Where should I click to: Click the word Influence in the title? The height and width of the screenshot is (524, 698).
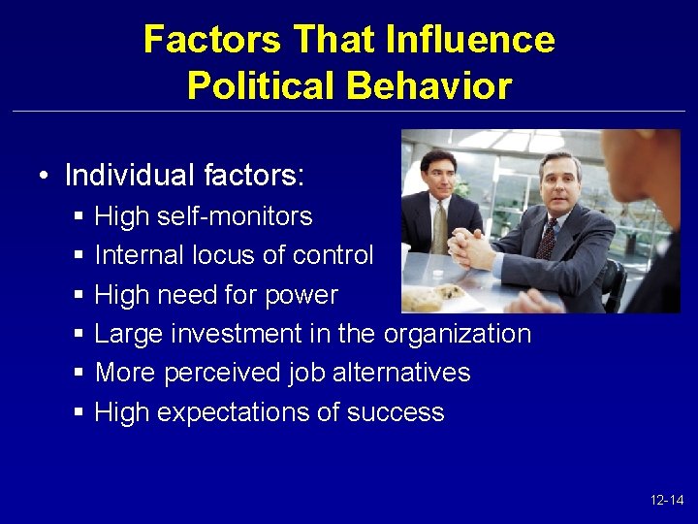470,40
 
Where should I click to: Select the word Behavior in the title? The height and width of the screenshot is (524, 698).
428,86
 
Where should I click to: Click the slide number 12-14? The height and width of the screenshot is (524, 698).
667,501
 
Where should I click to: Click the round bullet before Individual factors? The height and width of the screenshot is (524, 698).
45,177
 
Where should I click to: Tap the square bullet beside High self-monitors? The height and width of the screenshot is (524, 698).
79,216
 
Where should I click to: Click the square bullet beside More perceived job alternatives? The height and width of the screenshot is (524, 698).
79,374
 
